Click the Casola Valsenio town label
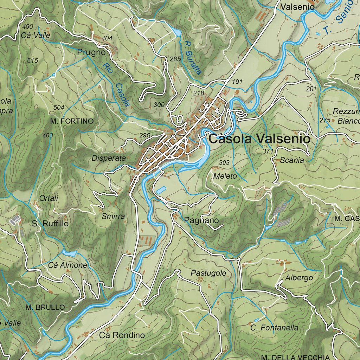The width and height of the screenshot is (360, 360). tap(259, 139)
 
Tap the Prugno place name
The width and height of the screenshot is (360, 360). tap(91, 52)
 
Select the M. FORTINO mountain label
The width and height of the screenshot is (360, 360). tap(72, 121)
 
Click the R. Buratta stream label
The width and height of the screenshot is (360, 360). tap(193, 58)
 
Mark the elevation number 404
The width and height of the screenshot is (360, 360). tap(107, 38)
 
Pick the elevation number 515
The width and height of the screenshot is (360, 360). tap(32, 61)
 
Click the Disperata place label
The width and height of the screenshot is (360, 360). tap(109, 158)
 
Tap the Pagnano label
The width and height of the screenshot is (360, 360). tap(201, 220)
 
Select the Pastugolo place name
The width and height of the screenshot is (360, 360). tap(208, 273)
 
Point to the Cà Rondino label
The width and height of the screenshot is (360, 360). tap(122, 335)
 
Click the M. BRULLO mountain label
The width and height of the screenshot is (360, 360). tap(45, 307)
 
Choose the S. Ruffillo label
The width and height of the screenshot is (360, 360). tap(50, 224)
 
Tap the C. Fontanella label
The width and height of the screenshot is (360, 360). tap(274, 328)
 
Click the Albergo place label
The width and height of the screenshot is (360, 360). tap(299, 278)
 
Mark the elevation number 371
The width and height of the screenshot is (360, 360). tap(268, 151)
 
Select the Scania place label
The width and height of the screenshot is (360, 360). tap(292, 160)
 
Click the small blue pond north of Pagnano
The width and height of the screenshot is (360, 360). tap(161, 190)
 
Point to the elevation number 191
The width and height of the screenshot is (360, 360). tap(238, 82)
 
